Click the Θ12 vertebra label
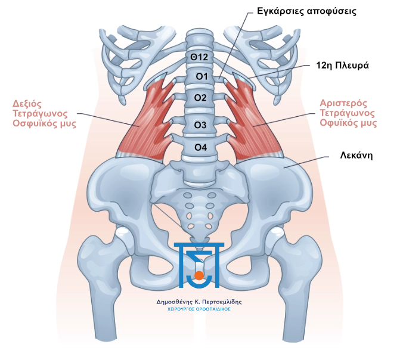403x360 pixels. point(199,57)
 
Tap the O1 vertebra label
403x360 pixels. point(201,76)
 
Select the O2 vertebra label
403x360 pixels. point(201,97)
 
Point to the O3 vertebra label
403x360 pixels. point(201,125)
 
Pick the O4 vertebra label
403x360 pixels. point(201,147)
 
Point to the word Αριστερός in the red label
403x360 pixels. point(346,103)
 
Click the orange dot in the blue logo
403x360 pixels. point(199,275)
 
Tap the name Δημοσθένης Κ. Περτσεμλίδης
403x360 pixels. point(199,302)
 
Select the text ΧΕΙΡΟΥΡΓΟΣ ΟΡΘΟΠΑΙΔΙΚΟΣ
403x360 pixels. point(199,310)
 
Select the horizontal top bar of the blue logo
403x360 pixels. point(199,244)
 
